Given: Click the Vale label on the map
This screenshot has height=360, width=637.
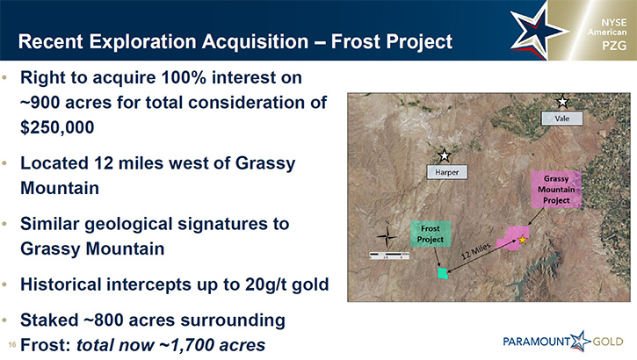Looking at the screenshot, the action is tap(562, 119).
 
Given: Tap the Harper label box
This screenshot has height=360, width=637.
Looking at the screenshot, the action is tap(447, 172).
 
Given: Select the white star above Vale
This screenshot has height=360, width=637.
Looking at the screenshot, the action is tap(562, 102).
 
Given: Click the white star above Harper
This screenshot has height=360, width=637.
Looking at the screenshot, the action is tap(445, 155).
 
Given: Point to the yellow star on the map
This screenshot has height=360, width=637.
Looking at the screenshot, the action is tap(523, 240).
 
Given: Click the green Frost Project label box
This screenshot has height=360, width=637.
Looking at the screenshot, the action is tap(431, 234).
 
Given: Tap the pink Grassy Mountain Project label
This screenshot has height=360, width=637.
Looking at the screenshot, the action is tap(556, 190).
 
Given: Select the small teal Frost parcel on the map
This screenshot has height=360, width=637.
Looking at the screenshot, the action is tap(443, 273).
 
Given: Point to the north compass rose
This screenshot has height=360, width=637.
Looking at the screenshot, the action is tap(387, 235).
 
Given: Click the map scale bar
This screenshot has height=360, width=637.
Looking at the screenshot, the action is tap(388, 256).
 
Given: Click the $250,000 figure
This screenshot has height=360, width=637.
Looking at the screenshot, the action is tap(57, 127).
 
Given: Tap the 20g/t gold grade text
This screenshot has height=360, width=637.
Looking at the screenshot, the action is tap(286, 284).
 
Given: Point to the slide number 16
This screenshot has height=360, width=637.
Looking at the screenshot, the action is tap(11, 345).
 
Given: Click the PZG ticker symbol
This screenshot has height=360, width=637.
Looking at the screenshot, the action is tap(614, 46).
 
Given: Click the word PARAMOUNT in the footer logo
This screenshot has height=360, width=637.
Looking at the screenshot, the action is tap(536, 342).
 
